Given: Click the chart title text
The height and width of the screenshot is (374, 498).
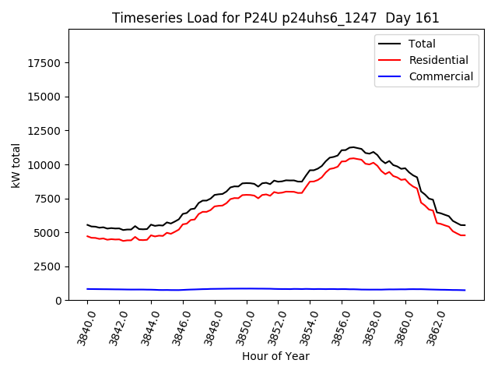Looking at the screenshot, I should (x=275, y=18).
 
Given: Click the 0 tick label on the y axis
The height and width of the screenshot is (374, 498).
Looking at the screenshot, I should (x=59, y=301).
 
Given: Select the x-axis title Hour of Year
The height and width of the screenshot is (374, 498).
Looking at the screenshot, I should (x=275, y=356).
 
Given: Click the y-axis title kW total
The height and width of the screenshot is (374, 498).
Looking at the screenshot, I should (x=16, y=164).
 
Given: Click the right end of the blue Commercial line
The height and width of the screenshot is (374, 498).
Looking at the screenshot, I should (x=465, y=290).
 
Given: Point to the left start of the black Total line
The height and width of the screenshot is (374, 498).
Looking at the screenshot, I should (x=87, y=224).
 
